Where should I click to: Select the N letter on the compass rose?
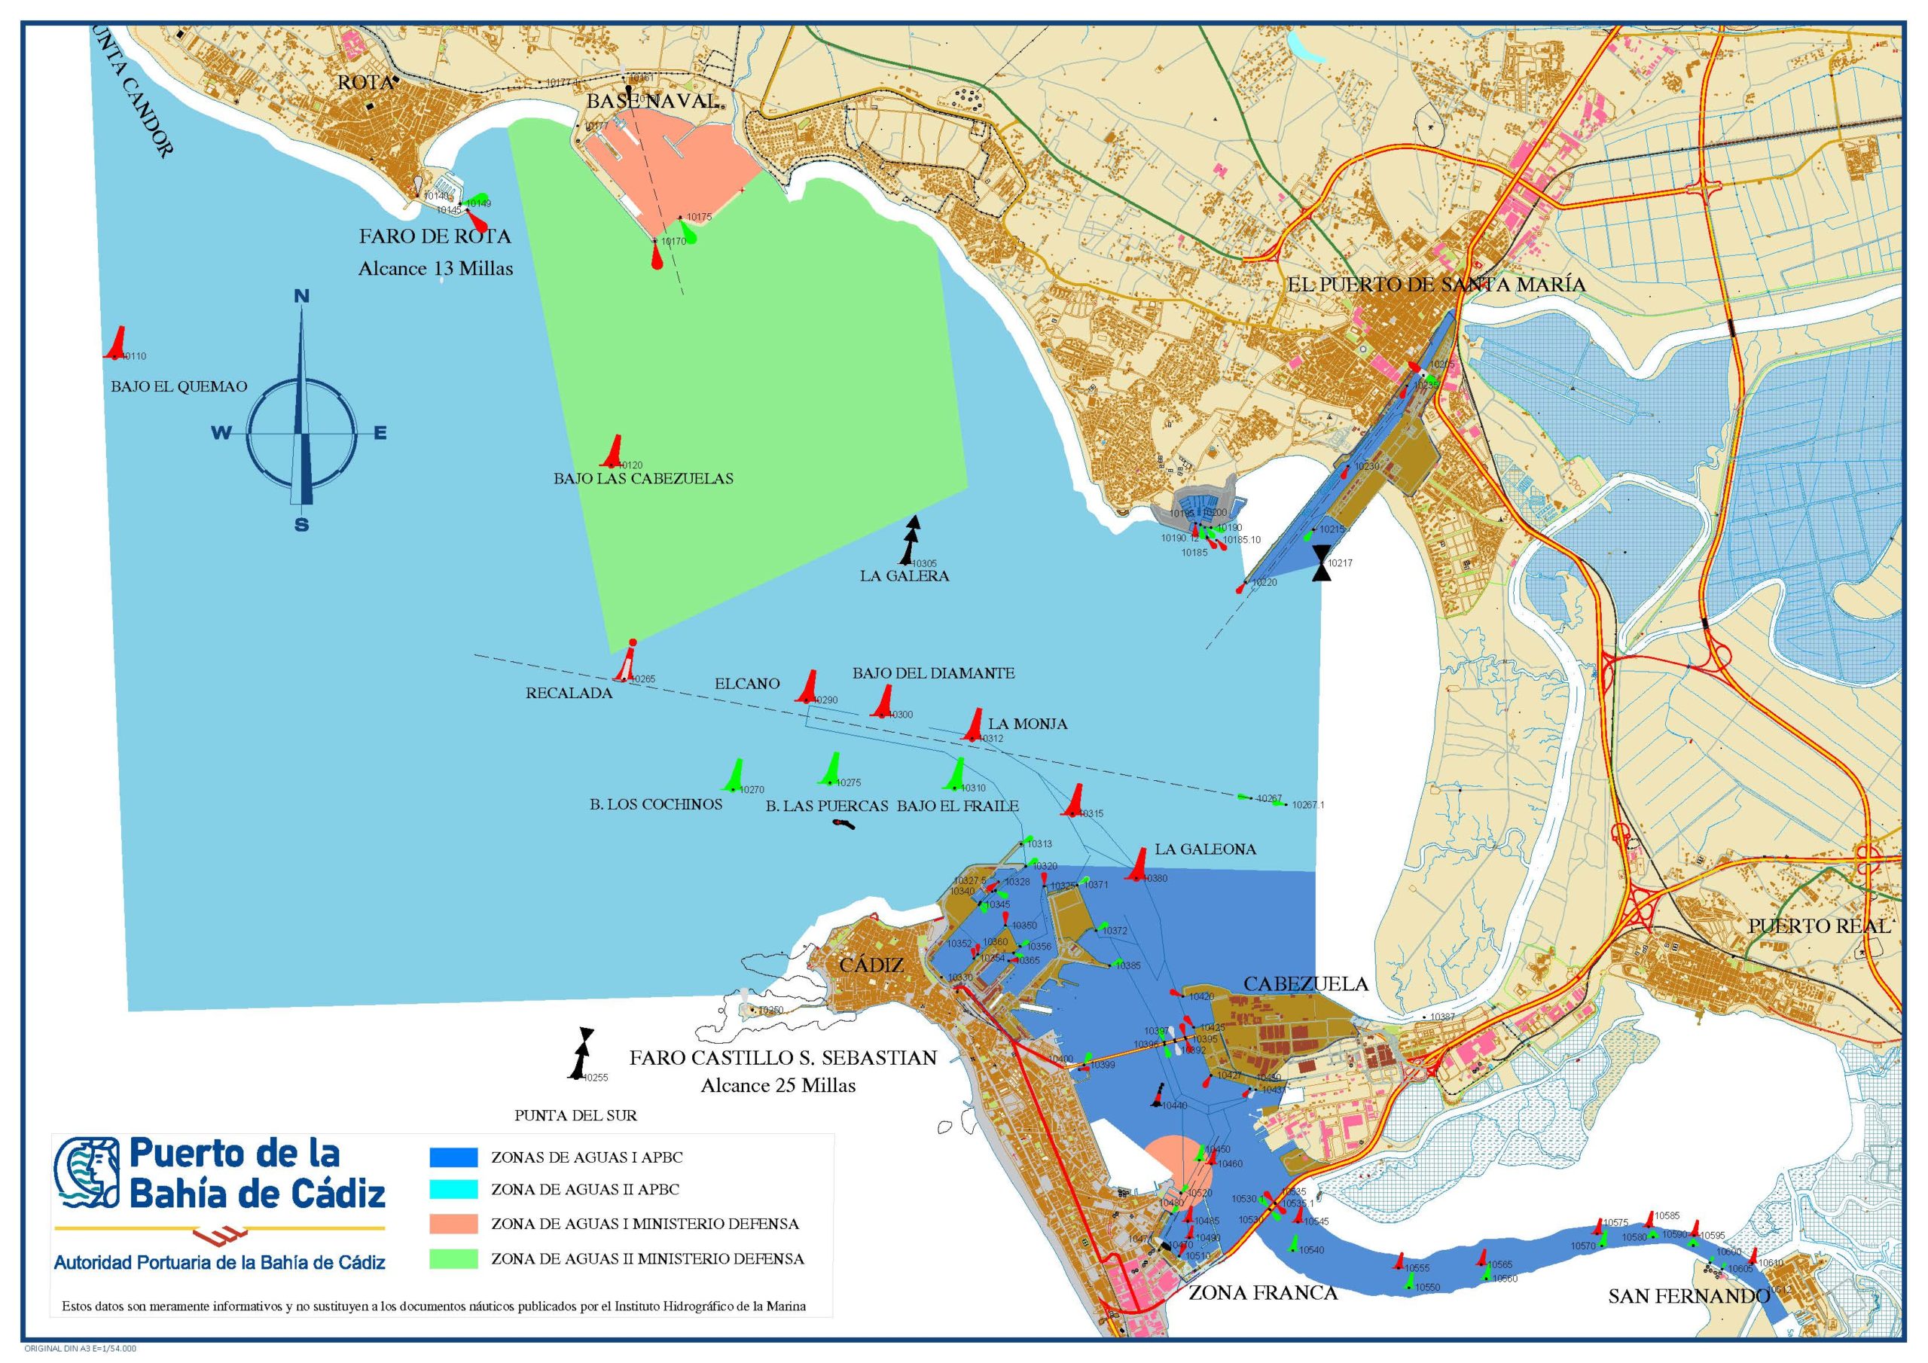301,297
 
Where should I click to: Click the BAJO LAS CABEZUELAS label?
643,479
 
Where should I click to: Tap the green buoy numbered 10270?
736,775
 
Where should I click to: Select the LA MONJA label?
1027,724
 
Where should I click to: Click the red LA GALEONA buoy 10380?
1139,865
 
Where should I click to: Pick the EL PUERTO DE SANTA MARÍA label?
1436,285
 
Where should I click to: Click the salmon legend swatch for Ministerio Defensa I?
453,1224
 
